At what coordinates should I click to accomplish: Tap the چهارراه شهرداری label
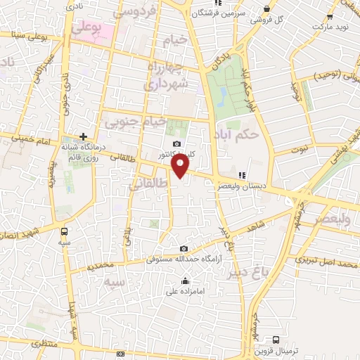[x=167, y=75]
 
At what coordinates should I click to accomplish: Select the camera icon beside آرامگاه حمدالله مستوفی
[x=184, y=248]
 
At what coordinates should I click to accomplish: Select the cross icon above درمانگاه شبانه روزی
[x=83, y=136]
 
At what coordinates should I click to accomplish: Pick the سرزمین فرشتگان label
[x=228, y=13]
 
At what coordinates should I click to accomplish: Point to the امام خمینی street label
[x=25, y=140]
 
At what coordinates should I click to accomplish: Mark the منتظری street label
[x=25, y=345]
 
